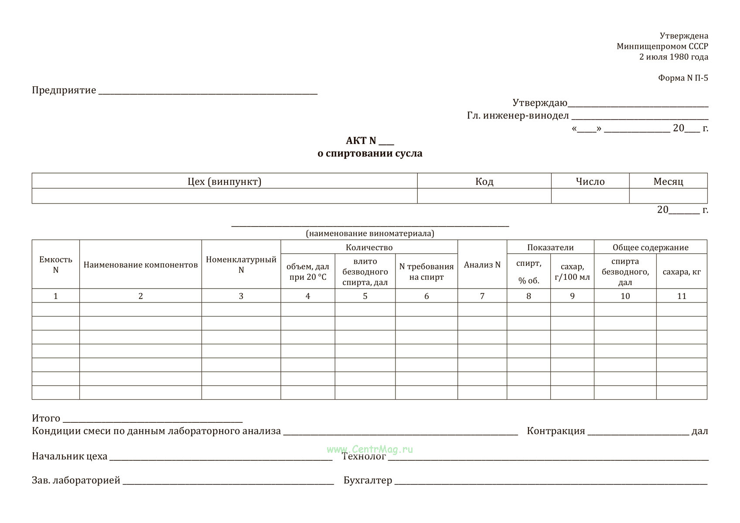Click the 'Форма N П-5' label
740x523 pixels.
pyautogui.click(x=683, y=78)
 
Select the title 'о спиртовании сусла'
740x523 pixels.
pyautogui.click(x=370, y=153)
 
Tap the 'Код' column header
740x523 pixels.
pyautogui.click(x=484, y=181)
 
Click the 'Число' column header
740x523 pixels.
pyautogui.click(x=590, y=181)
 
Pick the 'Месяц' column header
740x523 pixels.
pyautogui.click(x=668, y=181)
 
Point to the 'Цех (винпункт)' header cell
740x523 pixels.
pyautogui.click(x=224, y=181)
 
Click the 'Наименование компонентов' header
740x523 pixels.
pyautogui.click(x=140, y=265)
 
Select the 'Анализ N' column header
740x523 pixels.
pyautogui.click(x=482, y=265)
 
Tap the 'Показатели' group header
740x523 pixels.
pyautogui.click(x=550, y=248)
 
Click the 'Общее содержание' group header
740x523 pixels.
pyautogui.click(x=650, y=248)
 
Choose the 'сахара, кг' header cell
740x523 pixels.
pyautogui.click(x=682, y=272)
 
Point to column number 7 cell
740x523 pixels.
pyautogui.click(x=482, y=296)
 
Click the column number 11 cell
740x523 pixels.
pyautogui.click(x=682, y=296)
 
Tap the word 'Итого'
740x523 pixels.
pyautogui.click(x=46, y=418)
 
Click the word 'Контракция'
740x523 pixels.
pyautogui.click(x=556, y=431)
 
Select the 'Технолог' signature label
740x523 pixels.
pyautogui.click(x=364, y=456)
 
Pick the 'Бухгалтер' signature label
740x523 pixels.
pyautogui.click(x=368, y=480)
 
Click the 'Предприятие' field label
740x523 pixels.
pyautogui.click(x=64, y=90)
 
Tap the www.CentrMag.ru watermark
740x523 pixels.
pyautogui.click(x=369, y=449)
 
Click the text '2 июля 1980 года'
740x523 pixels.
pyautogui.click(x=673, y=57)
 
